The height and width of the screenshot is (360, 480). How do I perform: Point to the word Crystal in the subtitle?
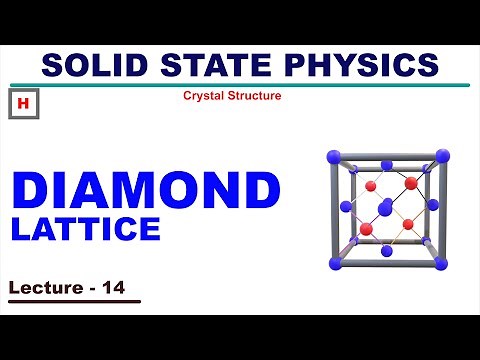coord(204,96)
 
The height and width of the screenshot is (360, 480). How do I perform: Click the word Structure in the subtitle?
coord(254,96)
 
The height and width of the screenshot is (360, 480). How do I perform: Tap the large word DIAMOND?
coord(145,191)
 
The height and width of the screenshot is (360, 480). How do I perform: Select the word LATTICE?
coord(86,229)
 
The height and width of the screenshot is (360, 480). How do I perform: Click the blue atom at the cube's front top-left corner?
coord(334,156)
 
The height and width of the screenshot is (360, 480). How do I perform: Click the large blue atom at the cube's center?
coord(385,208)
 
